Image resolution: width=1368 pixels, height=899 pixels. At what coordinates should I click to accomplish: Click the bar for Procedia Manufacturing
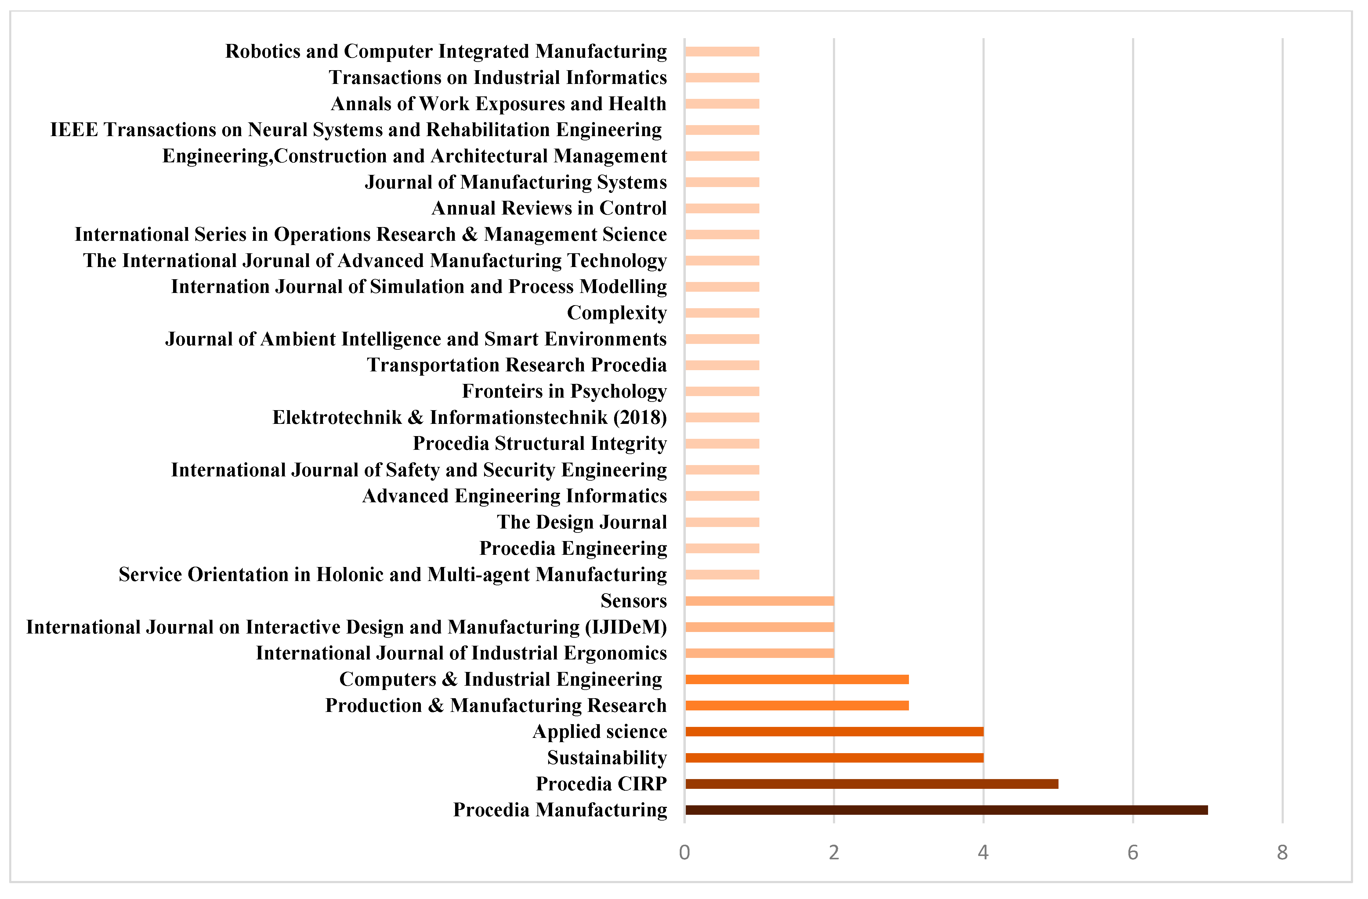[946, 810]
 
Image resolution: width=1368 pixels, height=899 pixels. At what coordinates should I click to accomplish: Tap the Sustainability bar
[834, 758]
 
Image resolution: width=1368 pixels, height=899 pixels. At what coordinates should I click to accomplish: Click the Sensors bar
[759, 601]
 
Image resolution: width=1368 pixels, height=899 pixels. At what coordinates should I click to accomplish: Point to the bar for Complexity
[722, 313]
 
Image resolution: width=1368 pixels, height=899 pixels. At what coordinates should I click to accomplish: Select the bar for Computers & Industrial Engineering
[797, 679]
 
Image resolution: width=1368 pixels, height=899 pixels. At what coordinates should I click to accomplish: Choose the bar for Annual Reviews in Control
[722, 208]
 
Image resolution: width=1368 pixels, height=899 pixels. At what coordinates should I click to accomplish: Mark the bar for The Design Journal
[722, 522]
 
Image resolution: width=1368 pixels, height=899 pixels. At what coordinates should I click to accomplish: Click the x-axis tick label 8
[1282, 852]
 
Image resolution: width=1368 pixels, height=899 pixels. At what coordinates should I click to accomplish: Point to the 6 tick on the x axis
[1133, 852]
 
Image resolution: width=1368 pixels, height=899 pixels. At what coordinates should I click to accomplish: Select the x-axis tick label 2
[834, 852]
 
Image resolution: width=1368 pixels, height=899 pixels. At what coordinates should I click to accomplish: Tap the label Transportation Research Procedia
[517, 365]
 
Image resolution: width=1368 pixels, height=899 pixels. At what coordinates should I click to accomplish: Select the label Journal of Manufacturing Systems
[516, 182]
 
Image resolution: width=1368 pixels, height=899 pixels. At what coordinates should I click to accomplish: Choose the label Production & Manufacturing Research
[495, 705]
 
